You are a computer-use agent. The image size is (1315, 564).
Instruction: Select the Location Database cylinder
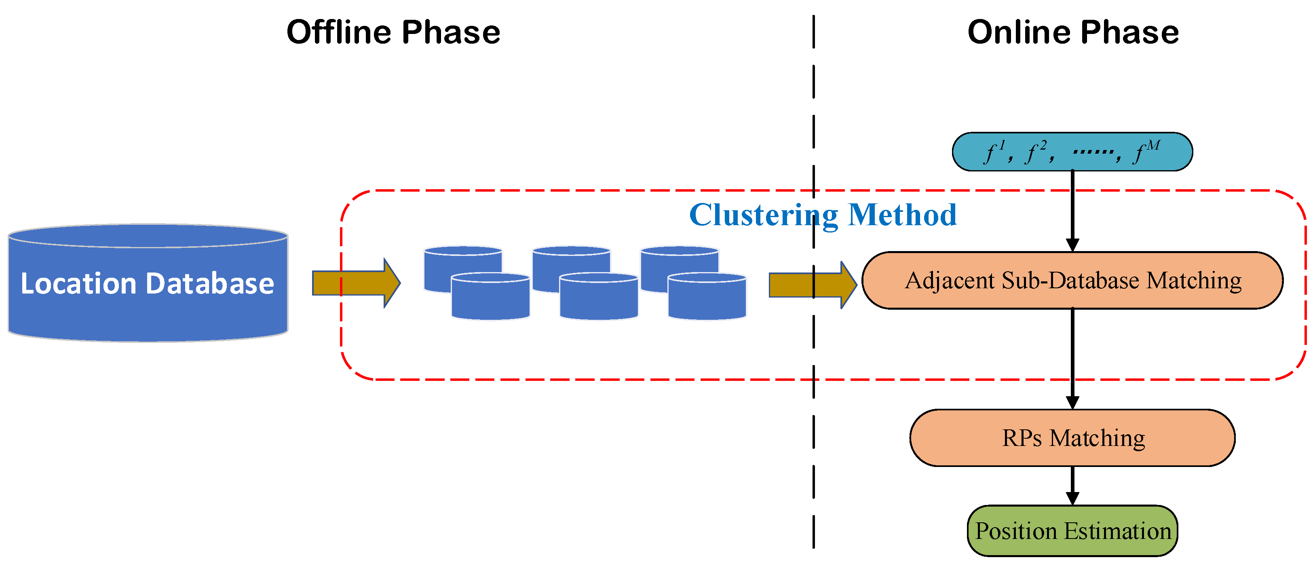pos(148,283)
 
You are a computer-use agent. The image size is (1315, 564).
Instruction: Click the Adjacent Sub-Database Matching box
pos(1072,280)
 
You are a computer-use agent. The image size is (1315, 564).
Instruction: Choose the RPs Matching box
pos(1072,437)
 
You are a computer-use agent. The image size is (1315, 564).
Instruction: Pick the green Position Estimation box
pos(1072,531)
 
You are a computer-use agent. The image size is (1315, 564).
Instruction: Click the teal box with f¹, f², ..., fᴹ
pos(1072,152)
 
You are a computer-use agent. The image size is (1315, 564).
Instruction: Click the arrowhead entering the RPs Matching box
pos(1072,402)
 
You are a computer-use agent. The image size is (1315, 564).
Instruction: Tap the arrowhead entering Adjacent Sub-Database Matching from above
pos(1072,245)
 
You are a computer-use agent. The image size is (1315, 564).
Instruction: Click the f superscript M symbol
pos(1146,152)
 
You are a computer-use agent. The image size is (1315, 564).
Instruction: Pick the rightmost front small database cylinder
pos(707,296)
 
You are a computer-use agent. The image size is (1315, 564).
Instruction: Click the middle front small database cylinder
pos(599,296)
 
